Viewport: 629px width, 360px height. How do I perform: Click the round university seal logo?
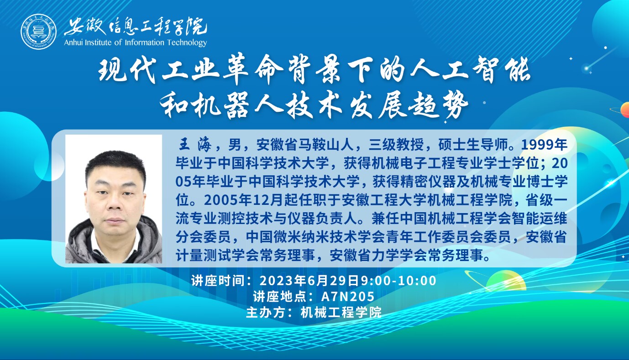38,31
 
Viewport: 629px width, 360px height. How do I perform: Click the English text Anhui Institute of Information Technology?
136,42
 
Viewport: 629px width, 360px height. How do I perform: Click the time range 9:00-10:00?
398,281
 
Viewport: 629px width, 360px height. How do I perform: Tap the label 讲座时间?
218,281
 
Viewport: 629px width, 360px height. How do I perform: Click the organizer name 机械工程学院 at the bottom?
341,313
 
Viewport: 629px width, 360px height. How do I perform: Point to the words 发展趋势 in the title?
409,107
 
